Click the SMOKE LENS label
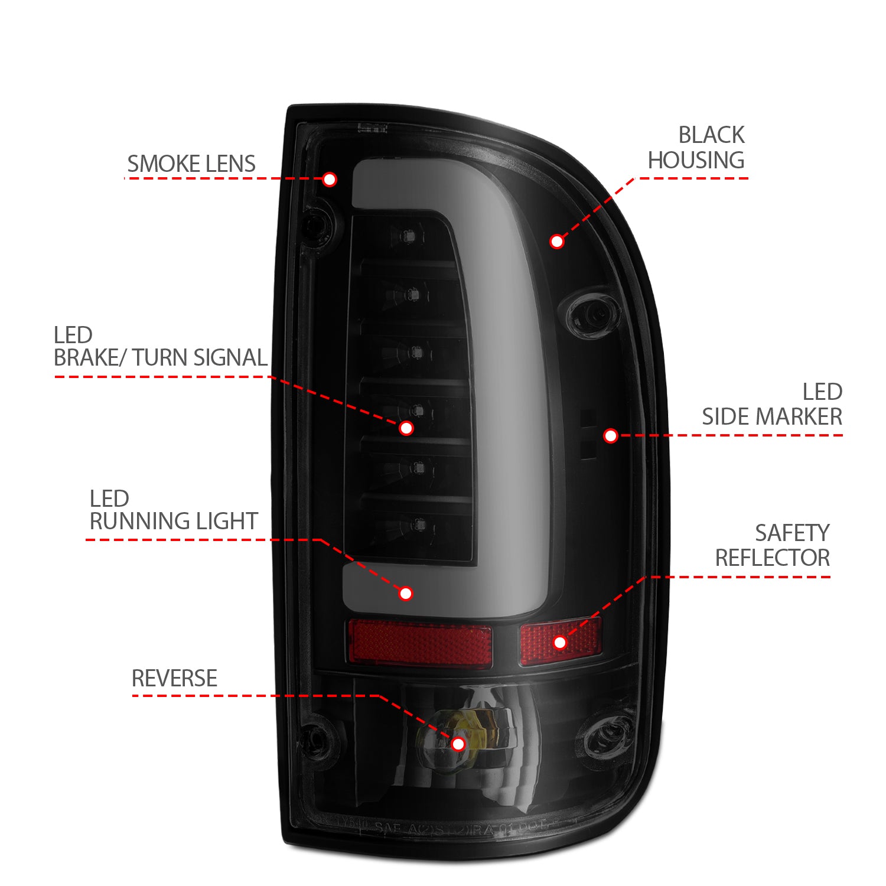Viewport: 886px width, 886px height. point(191,164)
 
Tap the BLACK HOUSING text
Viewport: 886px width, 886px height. point(697,148)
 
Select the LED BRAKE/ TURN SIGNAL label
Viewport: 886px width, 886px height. point(160,347)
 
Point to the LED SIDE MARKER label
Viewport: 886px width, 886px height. point(772,405)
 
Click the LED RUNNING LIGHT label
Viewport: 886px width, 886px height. point(173,510)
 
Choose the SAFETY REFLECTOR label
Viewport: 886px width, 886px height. point(773,545)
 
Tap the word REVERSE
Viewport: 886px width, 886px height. point(174,678)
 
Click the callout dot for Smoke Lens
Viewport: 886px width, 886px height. point(330,179)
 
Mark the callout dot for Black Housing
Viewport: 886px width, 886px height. point(556,241)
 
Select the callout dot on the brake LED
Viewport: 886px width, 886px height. point(406,428)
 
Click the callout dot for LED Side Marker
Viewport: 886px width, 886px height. point(611,436)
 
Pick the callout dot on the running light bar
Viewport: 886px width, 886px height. point(406,594)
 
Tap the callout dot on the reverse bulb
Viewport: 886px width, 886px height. point(458,744)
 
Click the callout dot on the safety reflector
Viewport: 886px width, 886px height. point(560,642)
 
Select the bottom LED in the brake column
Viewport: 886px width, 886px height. point(418,523)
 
